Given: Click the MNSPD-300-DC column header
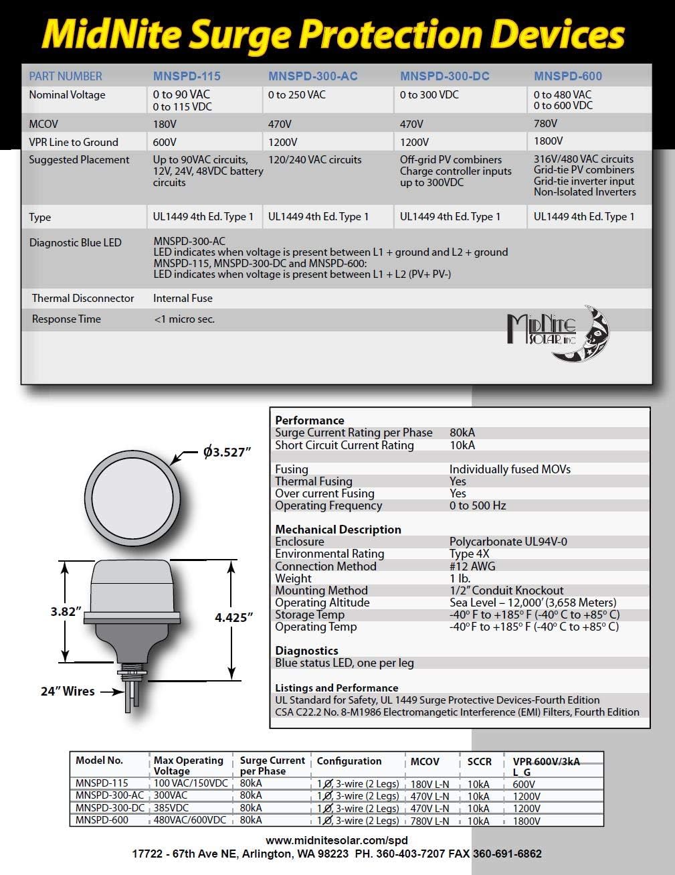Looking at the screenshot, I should [x=444, y=76].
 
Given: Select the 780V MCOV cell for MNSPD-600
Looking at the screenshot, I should [x=545, y=123].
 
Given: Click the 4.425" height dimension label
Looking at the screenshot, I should [x=233, y=617].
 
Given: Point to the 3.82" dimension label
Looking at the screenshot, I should [x=66, y=611].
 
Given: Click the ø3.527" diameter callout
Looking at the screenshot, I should [x=227, y=453].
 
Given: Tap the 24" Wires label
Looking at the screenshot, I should [x=68, y=692].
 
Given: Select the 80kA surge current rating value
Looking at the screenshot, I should [x=462, y=433].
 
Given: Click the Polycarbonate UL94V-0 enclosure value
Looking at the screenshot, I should [x=508, y=542].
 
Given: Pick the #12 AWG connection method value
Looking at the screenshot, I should [x=472, y=566].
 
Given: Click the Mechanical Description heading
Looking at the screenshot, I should [x=338, y=530].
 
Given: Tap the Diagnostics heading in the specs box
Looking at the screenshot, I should [x=306, y=651].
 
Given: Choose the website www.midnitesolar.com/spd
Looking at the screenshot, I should [x=336, y=841].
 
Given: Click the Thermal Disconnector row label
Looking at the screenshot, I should [x=83, y=299].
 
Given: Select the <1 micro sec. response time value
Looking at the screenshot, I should [x=184, y=319].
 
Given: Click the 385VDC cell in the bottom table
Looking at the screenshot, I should [x=171, y=808].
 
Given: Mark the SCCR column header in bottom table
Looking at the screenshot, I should [x=479, y=762].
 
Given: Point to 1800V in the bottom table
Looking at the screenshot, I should [x=526, y=821].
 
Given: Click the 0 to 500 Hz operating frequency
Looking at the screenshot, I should [x=478, y=506].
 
